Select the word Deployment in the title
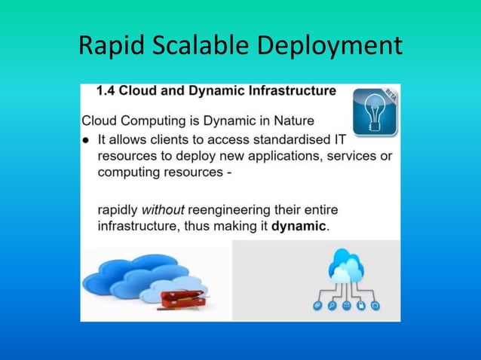pos(329,47)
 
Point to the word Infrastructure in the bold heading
pos(289,91)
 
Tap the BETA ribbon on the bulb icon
pos(391,94)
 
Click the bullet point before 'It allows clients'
pos(87,139)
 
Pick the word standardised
pos(290,139)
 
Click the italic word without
pos(163,209)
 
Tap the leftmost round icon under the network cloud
pos(317,306)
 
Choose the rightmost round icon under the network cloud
pos(375,306)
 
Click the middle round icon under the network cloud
pos(346,306)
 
